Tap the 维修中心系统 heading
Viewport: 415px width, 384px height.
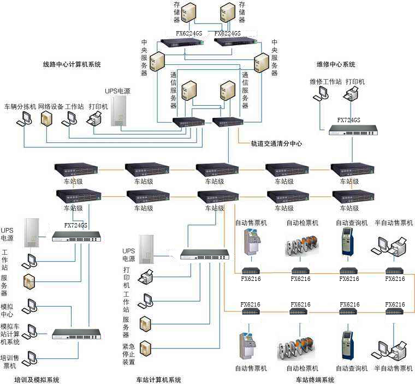(x=336, y=64)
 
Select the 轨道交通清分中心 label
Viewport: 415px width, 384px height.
(x=276, y=143)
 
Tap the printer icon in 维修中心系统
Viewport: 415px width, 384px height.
(x=351, y=95)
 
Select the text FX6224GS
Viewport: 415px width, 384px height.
(x=189, y=33)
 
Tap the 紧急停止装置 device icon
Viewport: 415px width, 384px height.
(x=145, y=347)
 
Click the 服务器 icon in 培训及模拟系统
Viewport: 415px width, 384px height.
(x=29, y=281)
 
